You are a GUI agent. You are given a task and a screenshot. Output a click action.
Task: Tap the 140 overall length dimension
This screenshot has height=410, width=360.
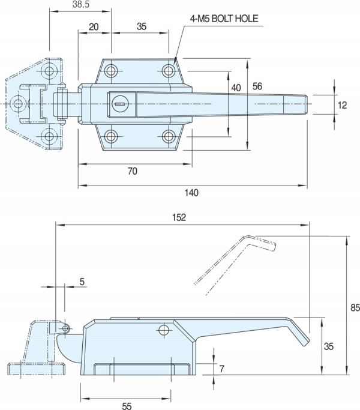coord(191,193)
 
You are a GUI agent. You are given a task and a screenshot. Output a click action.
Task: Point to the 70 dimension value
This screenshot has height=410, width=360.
coord(133,171)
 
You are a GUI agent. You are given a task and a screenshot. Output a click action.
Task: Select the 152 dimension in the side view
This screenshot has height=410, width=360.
coord(180,217)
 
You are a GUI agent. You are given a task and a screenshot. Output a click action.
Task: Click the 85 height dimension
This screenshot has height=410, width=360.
coord(354,307)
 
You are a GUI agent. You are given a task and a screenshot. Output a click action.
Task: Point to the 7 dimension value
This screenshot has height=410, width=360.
coord(221,369)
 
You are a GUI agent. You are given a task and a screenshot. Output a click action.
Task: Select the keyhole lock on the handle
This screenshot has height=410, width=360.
coord(120,104)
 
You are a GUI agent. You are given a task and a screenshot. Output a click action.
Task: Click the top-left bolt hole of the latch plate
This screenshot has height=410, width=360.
coord(111,72)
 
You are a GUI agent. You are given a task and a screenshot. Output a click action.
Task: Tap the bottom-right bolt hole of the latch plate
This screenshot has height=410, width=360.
coord(169,136)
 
